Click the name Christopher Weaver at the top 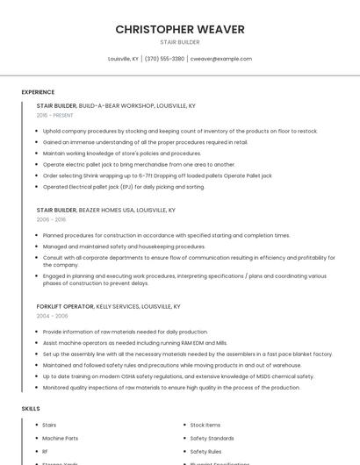pos(180,30)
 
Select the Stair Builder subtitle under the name pos(180,42)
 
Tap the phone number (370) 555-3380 pos(164,59)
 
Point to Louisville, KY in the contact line pos(123,59)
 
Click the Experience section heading pos(38,92)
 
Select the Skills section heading pos(31,409)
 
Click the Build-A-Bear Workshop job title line pos(116,105)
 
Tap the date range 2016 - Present pos(54,115)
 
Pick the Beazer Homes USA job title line pos(105,211)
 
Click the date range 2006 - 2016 pos(51,220)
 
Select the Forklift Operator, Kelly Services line pos(108,307)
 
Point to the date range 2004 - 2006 pos(52,316)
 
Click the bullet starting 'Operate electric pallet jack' pos(139,164)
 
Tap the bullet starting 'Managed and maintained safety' pos(124,247)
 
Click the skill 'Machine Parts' pos(60,438)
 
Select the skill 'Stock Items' pos(205,425)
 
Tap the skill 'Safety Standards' pos(212,438)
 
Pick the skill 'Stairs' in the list pos(49,425)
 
